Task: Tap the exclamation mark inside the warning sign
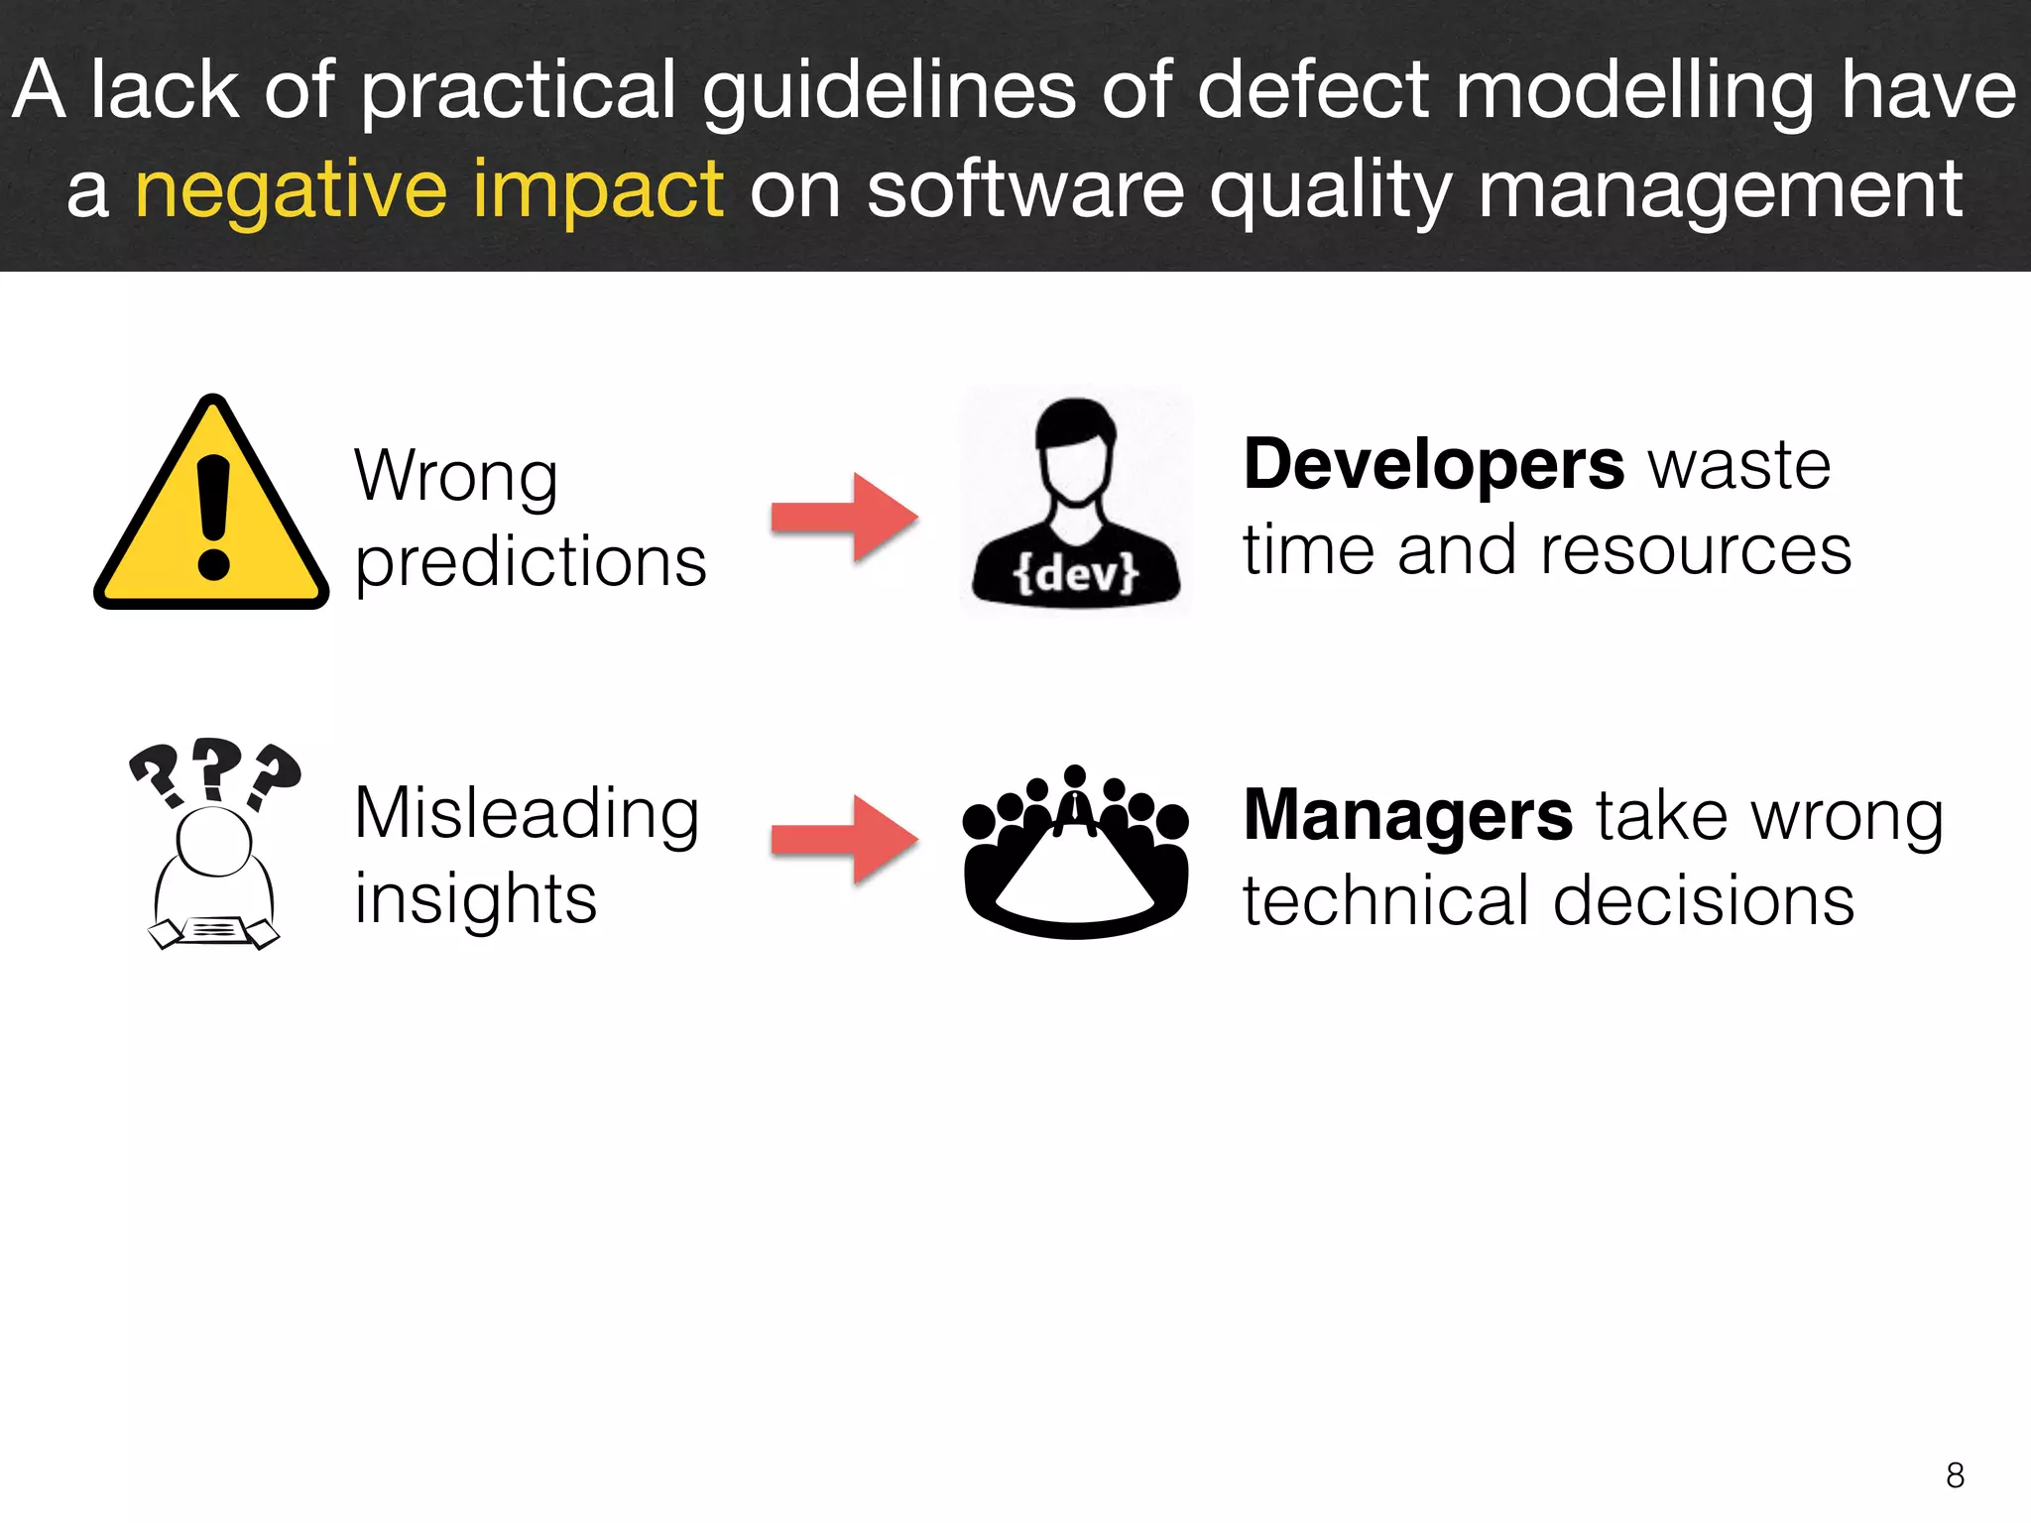click(213, 516)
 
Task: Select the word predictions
click(531, 563)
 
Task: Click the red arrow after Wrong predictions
click(845, 517)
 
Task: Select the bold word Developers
click(1433, 464)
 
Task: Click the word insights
click(476, 899)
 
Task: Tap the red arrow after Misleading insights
click(845, 839)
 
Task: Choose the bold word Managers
click(1407, 815)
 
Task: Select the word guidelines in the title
click(889, 91)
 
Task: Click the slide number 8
click(1955, 1475)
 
